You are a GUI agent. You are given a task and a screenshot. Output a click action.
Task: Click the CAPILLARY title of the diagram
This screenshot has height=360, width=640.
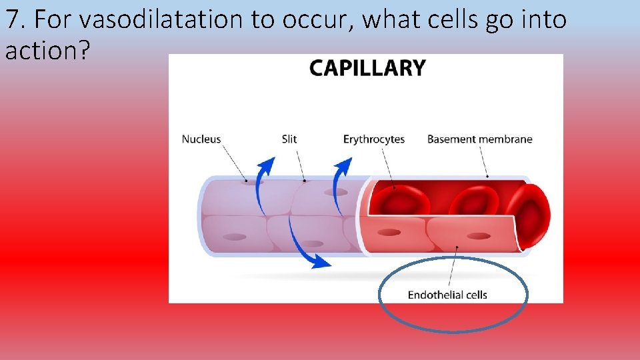pos(367,68)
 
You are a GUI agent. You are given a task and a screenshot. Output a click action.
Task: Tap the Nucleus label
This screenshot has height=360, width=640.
pos(201,139)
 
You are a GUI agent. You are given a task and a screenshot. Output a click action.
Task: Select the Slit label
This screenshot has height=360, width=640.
pos(289,139)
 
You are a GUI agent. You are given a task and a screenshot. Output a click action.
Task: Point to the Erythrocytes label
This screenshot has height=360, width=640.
pos(374,139)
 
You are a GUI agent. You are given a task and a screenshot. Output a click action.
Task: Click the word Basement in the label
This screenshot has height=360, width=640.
pos(451,139)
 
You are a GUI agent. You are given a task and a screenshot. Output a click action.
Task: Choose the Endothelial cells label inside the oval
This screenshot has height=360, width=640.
pos(447,295)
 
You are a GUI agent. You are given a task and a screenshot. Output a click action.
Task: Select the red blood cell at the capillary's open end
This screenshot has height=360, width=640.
pos(532,213)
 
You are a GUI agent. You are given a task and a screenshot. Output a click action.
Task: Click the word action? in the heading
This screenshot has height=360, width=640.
pos(46,51)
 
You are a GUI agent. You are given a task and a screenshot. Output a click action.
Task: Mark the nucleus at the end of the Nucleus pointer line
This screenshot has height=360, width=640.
pos(251,181)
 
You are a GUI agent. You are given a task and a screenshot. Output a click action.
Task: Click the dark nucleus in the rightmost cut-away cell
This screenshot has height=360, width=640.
pos(479,235)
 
